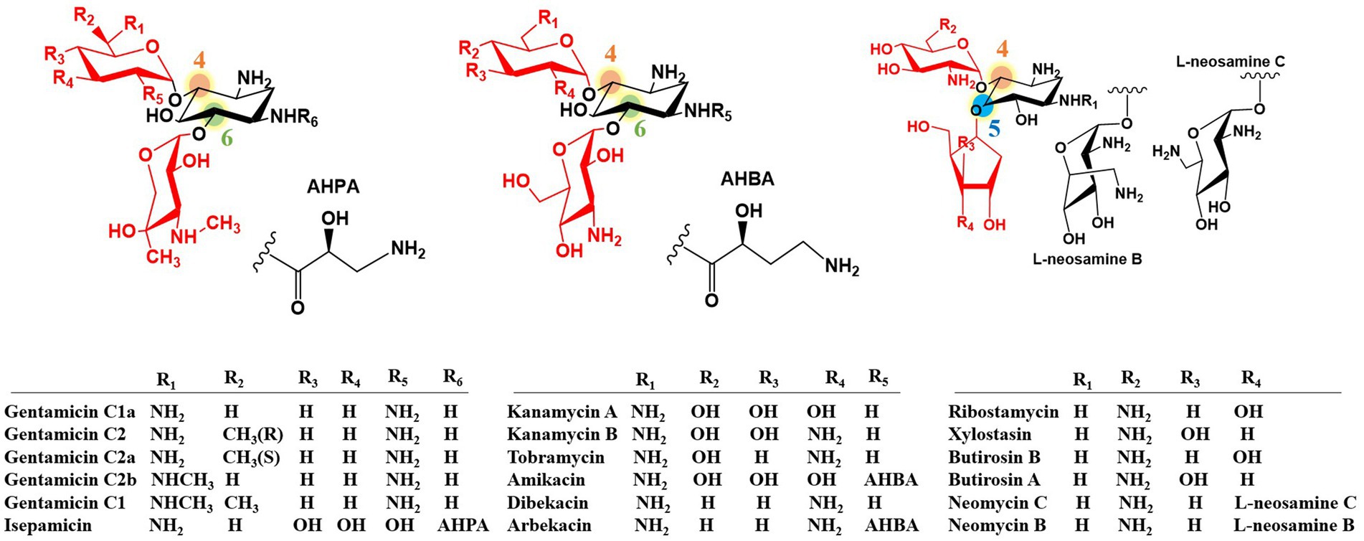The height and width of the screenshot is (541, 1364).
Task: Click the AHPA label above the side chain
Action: click(333, 187)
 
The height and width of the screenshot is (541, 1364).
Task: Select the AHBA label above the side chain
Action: click(747, 179)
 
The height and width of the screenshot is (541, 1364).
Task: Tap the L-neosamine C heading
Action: click(1230, 62)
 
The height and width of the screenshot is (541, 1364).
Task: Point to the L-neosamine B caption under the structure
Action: click(1086, 259)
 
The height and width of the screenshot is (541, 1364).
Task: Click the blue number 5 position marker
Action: click(994, 128)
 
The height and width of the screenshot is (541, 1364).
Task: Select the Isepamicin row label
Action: click(48, 525)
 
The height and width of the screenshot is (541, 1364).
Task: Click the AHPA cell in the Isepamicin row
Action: click(463, 525)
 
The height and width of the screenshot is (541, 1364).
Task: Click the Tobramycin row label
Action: click(556, 457)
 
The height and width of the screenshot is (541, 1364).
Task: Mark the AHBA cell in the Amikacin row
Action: click(891, 479)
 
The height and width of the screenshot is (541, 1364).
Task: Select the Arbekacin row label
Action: click(549, 525)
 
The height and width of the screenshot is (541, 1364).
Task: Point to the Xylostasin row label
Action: click(990, 434)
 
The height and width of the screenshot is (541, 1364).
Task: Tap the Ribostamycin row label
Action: click(1003, 412)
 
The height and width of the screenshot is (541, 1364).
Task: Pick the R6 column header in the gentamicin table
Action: click(453, 377)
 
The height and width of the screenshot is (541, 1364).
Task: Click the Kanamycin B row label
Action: click(562, 434)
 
